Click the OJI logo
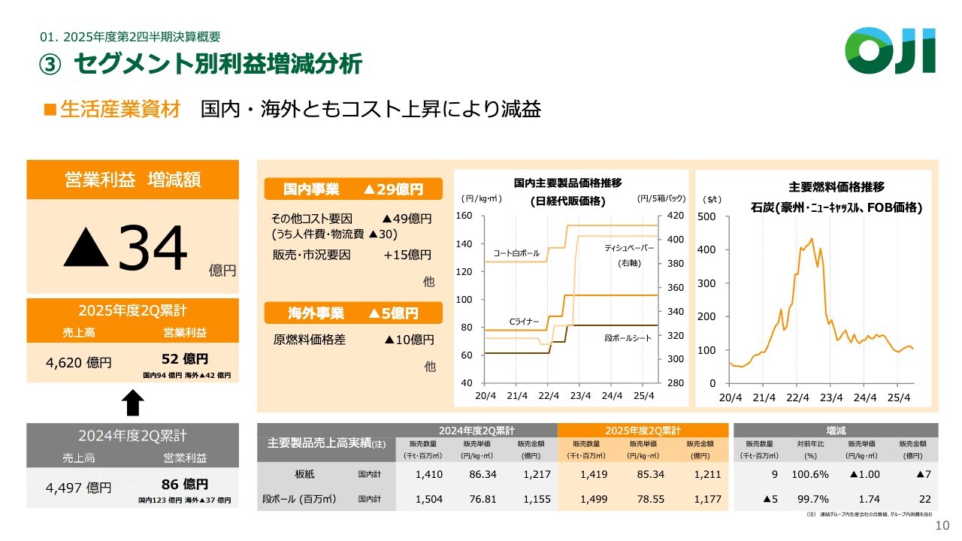coord(890,50)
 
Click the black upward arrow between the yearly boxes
coord(132,403)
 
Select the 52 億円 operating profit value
coord(185,359)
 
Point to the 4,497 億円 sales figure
coord(79,488)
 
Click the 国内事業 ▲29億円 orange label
coord(353,189)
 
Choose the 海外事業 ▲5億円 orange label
coord(353,313)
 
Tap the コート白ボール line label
coord(516,253)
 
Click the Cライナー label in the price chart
coord(525,322)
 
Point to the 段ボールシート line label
coord(628,338)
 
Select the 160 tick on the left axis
coord(464,216)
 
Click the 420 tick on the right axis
coord(675,216)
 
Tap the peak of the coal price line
coord(812,239)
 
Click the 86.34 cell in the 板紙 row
coord(482,474)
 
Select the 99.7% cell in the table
coord(809,498)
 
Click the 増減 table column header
coord(836,431)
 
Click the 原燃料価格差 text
coord(310,340)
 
